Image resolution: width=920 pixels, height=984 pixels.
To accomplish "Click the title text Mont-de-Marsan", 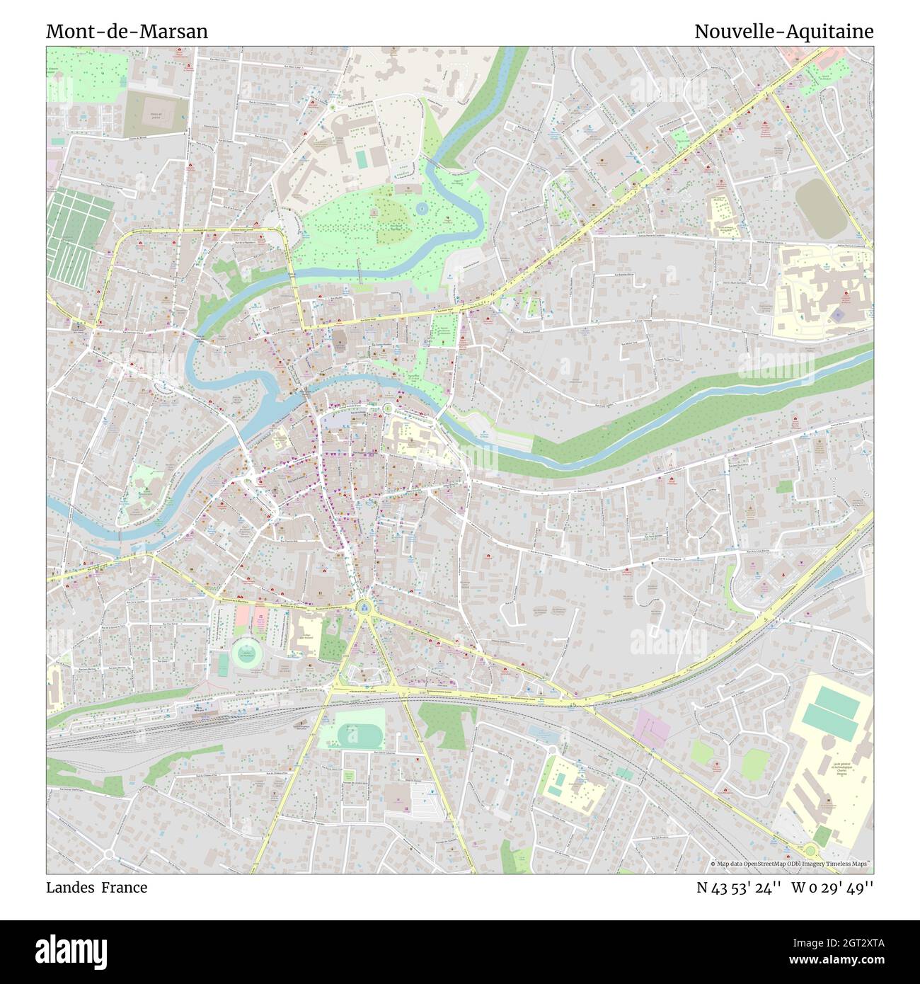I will click(x=127, y=32).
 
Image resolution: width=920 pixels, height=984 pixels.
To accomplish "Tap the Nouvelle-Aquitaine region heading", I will click(x=783, y=32).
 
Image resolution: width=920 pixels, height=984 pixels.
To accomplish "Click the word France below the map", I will click(x=124, y=887).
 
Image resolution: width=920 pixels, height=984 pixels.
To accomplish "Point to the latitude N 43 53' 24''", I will click(x=739, y=887).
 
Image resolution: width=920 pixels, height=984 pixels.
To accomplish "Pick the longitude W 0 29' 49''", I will click(x=832, y=887).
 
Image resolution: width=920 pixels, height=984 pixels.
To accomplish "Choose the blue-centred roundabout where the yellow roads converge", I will click(x=364, y=606).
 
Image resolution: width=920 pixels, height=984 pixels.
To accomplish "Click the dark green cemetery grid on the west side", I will click(x=79, y=224).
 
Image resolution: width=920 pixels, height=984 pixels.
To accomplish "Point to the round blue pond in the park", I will click(x=422, y=209).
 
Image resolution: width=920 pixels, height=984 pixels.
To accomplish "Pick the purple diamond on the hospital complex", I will click(x=838, y=313).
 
